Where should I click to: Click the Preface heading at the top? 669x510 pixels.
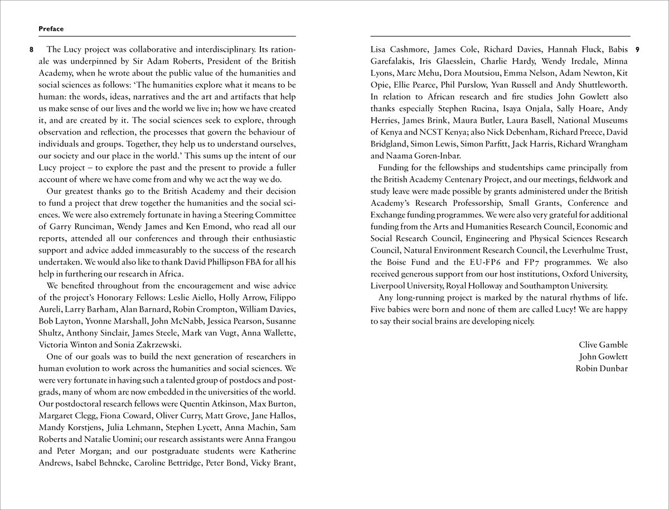click(x=51, y=28)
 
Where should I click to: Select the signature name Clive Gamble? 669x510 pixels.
click(x=603, y=344)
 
